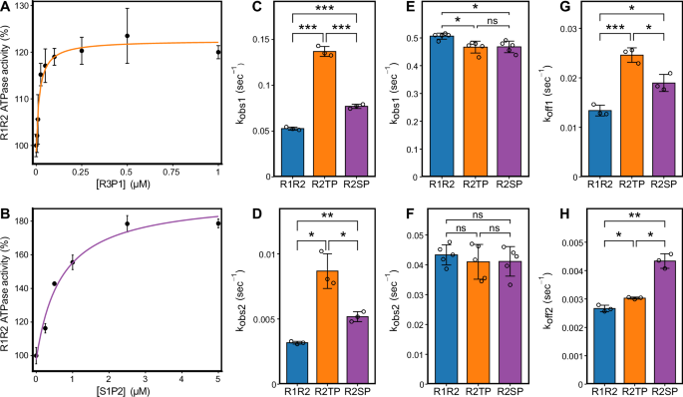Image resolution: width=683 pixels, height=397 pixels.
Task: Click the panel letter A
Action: (7, 8)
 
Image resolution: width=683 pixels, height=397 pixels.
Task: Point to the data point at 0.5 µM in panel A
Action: (127, 36)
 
